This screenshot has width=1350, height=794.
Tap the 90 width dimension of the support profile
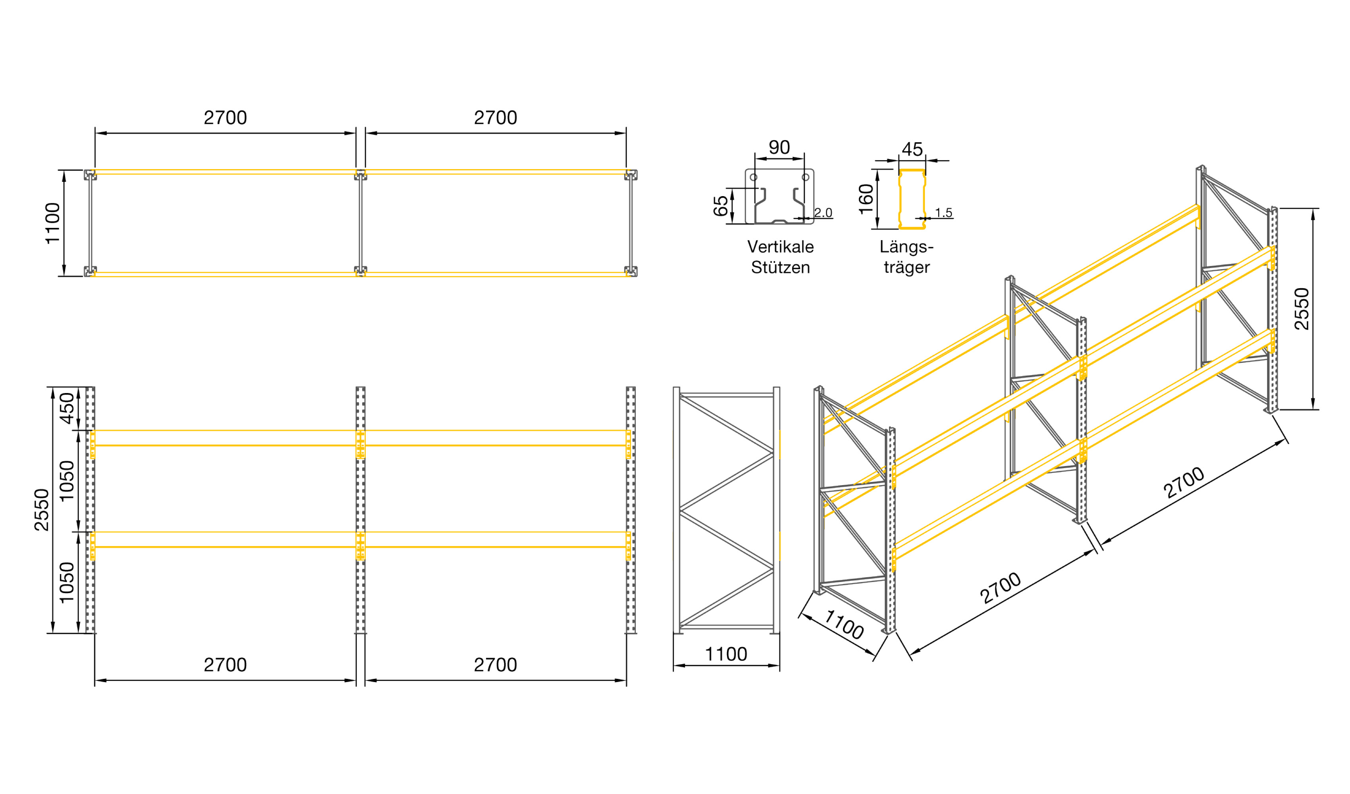point(779,147)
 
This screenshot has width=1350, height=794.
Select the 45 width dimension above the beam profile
point(912,149)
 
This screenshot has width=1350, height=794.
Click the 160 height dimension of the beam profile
point(867,199)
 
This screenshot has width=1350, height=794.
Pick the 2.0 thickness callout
point(823,213)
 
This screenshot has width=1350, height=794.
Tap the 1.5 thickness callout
point(944,213)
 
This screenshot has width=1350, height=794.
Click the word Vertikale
point(781,247)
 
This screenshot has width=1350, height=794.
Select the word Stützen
point(781,267)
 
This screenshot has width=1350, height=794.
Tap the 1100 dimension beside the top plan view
point(52,224)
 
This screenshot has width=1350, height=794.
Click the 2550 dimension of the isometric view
point(1302,309)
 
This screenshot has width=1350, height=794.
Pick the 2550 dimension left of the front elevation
point(42,510)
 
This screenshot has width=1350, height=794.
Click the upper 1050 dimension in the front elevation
point(67,481)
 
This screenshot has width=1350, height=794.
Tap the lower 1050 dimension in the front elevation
point(67,583)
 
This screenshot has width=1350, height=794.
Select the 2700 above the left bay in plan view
point(225,118)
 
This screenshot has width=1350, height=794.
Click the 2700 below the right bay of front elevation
point(496,665)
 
